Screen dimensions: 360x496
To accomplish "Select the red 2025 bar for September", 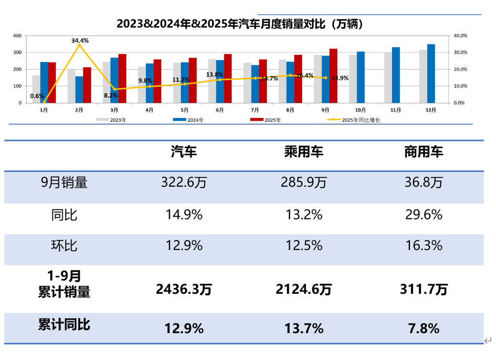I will (x=334, y=76).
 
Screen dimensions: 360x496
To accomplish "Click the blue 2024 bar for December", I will (x=431, y=73).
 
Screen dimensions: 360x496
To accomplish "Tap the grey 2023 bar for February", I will (x=71, y=86).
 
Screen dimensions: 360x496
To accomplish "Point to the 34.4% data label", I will (x=80, y=40).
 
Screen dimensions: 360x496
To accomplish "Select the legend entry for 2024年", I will (x=189, y=120).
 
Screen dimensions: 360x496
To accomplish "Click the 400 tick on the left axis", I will (x=17, y=36).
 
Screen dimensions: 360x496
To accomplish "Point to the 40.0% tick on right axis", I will (x=461, y=36).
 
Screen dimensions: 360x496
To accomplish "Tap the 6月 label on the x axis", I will (x=220, y=110).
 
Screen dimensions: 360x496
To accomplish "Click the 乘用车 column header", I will (x=304, y=152).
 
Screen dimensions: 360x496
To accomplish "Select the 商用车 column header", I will (x=424, y=152).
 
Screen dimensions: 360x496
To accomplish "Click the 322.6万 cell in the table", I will (x=184, y=182).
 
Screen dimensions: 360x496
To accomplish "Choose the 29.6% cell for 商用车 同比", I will (x=424, y=214).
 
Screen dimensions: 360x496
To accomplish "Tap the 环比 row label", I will (x=64, y=246).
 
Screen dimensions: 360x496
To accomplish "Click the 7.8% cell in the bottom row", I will (x=424, y=328).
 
